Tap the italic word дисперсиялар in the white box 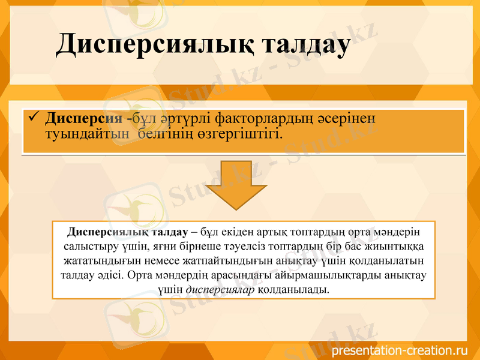[221, 290]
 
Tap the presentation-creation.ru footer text [399, 350]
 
